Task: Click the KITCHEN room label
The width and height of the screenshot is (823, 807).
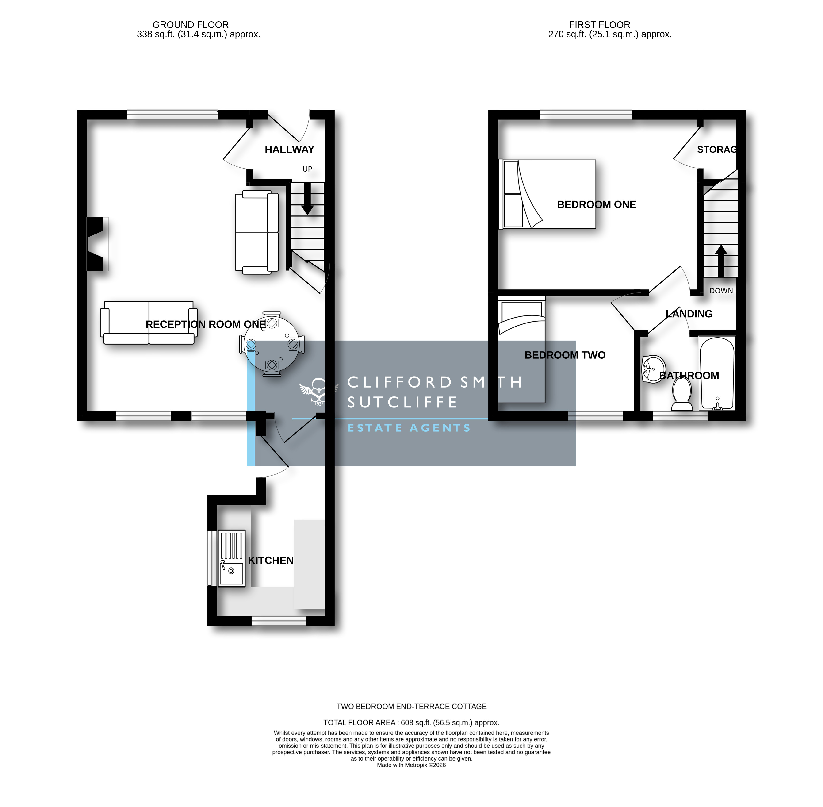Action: tap(270, 560)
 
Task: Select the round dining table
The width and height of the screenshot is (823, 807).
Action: tap(272, 344)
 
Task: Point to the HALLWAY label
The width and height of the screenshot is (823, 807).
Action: tap(289, 149)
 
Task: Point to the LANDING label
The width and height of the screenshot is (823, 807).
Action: tap(689, 314)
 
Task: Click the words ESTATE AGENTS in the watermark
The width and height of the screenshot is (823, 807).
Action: tap(409, 428)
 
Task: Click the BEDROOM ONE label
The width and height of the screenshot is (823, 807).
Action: tap(596, 204)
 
